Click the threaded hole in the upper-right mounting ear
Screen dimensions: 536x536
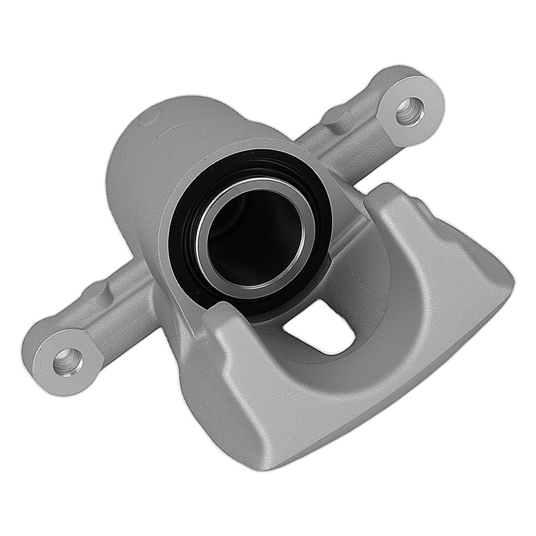point(410,111)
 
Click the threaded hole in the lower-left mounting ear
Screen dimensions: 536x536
point(68,362)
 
